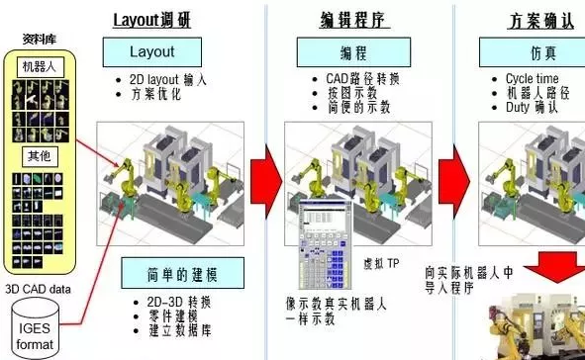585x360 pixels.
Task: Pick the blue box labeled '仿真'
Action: [x=538, y=51]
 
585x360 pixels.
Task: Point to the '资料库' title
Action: [x=38, y=41]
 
